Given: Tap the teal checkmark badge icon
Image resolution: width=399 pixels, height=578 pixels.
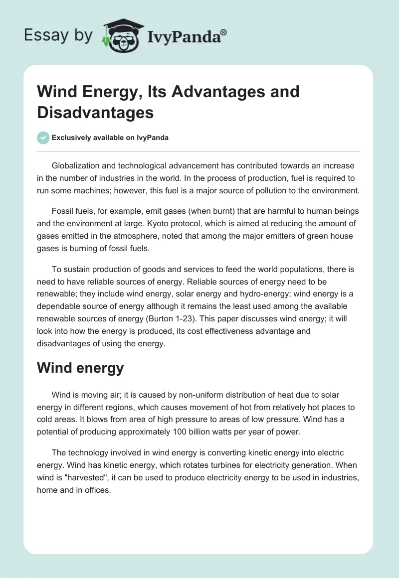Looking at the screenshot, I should click(43, 138).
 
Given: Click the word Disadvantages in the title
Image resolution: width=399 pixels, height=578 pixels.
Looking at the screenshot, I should click(95, 112).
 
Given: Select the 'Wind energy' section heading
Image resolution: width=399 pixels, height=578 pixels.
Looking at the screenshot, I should click(80, 368).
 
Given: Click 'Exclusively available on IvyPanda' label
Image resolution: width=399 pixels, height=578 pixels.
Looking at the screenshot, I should click(110, 138).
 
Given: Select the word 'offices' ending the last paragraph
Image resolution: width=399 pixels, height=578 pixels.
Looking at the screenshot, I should click(98, 490).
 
